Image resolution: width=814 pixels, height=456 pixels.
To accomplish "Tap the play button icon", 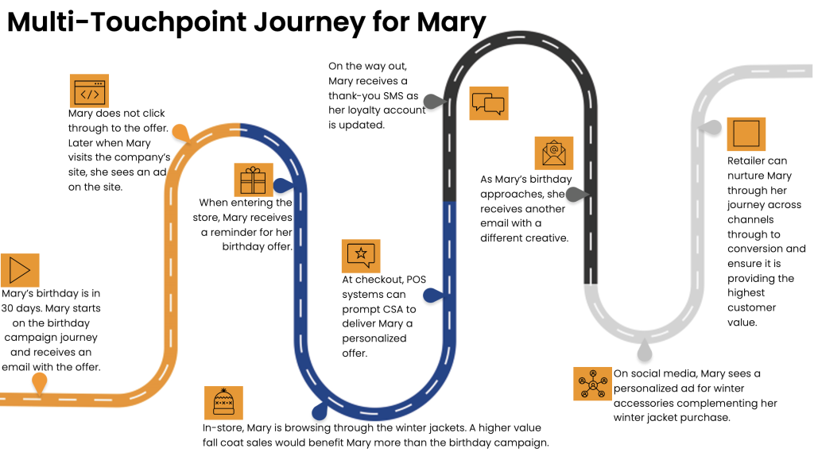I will click(x=20, y=270).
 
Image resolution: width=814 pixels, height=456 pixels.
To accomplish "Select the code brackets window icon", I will click(x=89, y=91).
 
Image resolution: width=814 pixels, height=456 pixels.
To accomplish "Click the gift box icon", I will click(x=254, y=180).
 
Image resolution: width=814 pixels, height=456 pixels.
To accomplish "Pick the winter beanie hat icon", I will click(x=223, y=403).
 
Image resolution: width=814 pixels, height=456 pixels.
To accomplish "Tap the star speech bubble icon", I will click(x=361, y=255).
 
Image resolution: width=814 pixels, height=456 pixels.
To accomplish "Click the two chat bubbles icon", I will click(x=488, y=103).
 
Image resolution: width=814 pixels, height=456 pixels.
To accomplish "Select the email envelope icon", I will click(x=553, y=152).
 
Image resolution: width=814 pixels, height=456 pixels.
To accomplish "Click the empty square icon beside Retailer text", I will click(x=746, y=133).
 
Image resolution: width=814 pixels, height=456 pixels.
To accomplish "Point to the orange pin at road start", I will click(x=38, y=384).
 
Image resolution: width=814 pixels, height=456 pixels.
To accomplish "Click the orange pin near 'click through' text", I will click(x=182, y=133).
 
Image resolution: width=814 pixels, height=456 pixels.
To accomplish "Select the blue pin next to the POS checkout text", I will click(x=432, y=296).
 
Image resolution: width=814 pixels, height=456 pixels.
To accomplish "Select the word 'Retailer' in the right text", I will click(x=746, y=160).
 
